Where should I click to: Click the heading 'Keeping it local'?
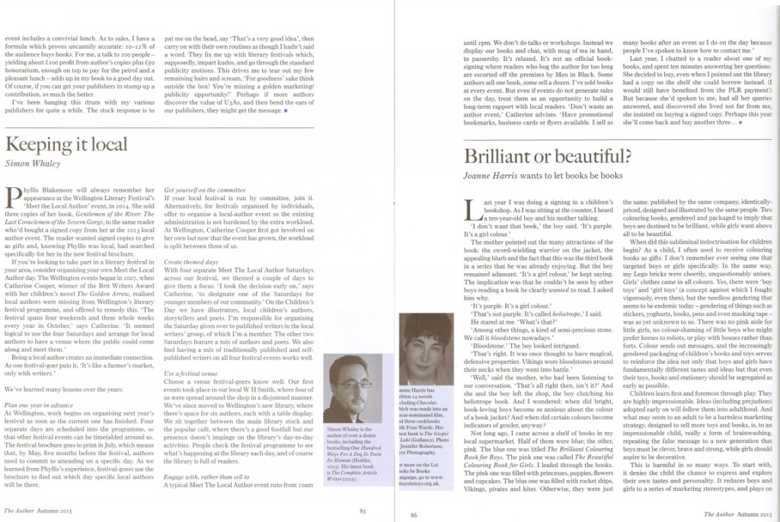coord(66,144)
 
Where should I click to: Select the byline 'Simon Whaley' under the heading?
coord(31,163)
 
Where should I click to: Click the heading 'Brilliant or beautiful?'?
coord(547,157)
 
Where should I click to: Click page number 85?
coord(364,512)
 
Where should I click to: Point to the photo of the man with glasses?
coord(353,387)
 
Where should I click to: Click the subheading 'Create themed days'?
coord(190,261)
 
